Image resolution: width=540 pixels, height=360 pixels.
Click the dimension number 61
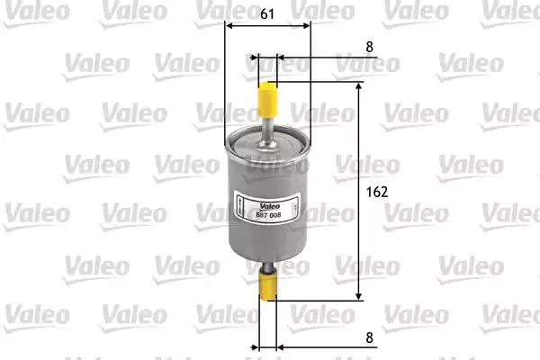267,13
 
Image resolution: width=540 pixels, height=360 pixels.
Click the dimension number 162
377,192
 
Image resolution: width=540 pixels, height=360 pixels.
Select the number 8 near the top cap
370,47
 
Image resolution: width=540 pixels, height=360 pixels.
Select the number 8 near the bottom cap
370,337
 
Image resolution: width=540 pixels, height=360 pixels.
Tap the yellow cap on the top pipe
267,99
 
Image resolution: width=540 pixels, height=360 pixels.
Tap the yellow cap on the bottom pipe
268,286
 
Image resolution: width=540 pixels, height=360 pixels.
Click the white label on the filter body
267,209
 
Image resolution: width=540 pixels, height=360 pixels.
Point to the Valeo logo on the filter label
270,206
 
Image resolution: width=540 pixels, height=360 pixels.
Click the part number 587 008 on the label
268,215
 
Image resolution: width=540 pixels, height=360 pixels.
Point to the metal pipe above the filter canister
267,130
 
